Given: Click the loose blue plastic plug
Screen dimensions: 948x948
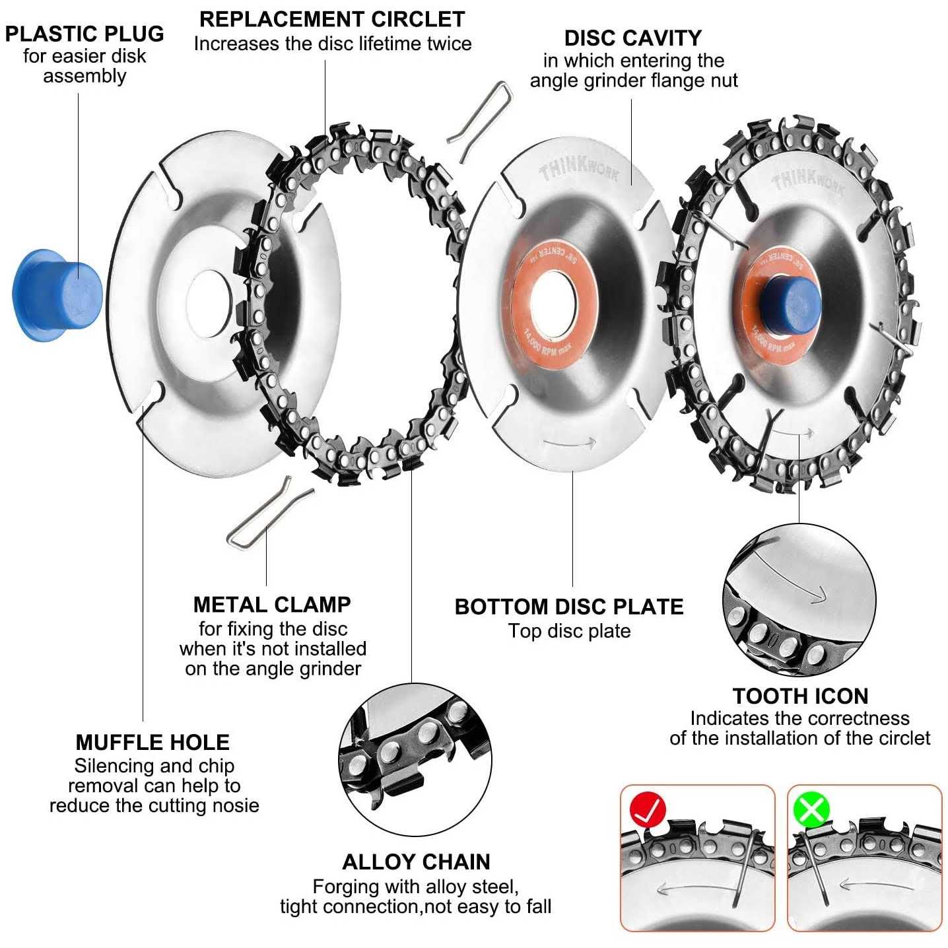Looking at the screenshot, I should point(56,295).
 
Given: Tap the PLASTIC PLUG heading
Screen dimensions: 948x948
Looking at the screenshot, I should point(85,34).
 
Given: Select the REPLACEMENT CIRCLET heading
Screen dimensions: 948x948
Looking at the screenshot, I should point(332,19).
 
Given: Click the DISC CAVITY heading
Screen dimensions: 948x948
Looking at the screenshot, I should point(632,38).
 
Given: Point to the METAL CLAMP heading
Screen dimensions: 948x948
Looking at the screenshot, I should point(272,604).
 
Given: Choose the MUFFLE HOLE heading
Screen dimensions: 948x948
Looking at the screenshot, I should point(152,742).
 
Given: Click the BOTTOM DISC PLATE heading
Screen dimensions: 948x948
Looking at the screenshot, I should point(569,607).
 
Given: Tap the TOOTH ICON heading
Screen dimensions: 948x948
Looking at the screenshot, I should point(800,696).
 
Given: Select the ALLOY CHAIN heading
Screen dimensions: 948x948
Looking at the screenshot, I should point(416,862).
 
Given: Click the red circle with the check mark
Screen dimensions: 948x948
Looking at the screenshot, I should point(648,810).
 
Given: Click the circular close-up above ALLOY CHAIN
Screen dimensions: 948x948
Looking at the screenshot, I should point(415,759).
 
